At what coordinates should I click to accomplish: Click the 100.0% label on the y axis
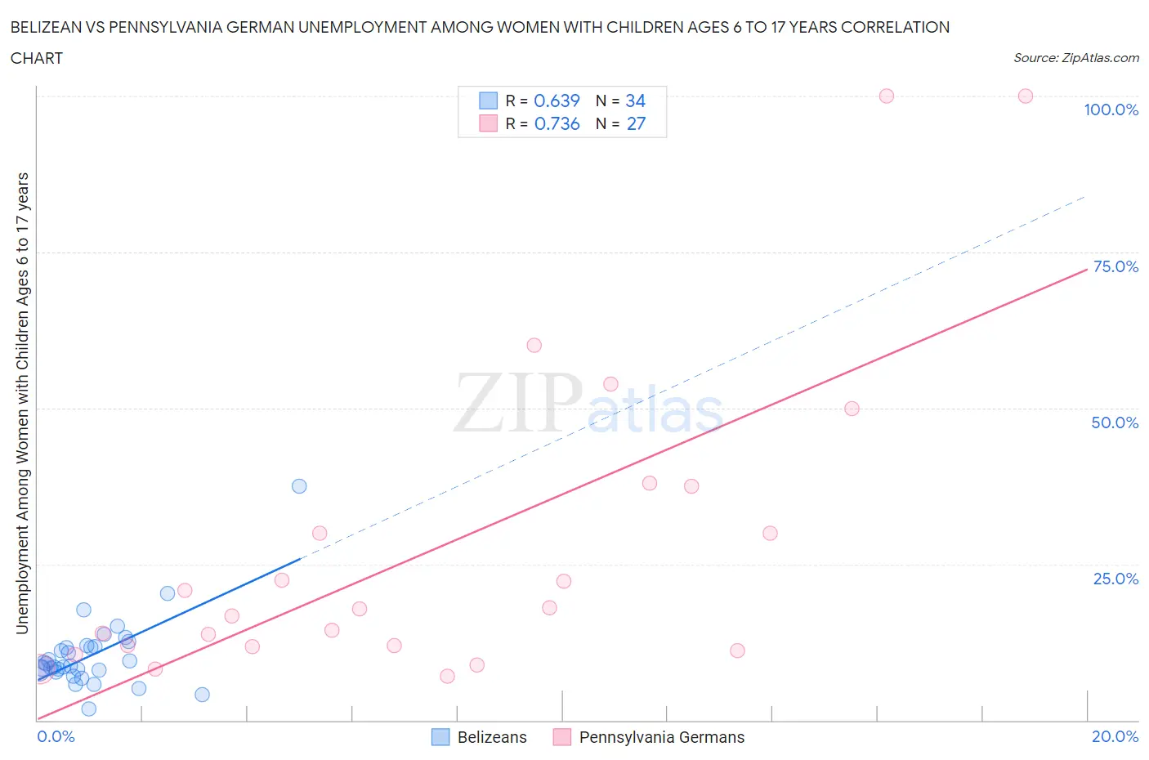click(x=1111, y=110)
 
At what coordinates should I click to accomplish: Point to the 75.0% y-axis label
click(x=1115, y=266)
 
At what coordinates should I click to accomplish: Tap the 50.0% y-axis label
click(x=1115, y=422)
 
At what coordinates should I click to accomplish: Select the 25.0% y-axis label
click(x=1115, y=579)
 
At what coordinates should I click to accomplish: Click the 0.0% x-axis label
click(x=56, y=736)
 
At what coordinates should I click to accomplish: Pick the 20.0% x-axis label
click(x=1115, y=736)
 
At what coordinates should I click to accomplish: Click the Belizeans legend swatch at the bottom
click(x=440, y=737)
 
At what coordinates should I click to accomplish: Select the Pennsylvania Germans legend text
click(x=661, y=737)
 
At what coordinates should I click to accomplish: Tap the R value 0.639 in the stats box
click(x=557, y=101)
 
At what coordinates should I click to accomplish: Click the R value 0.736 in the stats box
click(x=557, y=123)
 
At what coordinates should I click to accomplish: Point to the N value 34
click(x=635, y=101)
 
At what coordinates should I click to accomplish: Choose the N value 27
click(x=635, y=123)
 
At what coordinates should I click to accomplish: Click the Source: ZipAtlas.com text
click(x=1075, y=57)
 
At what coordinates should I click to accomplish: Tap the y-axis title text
click(x=22, y=404)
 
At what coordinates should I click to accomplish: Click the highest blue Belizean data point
click(x=299, y=486)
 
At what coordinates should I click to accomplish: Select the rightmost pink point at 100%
click(x=1025, y=96)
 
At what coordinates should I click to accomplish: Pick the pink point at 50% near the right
click(x=852, y=409)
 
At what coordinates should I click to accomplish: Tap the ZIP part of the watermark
click(x=518, y=402)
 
